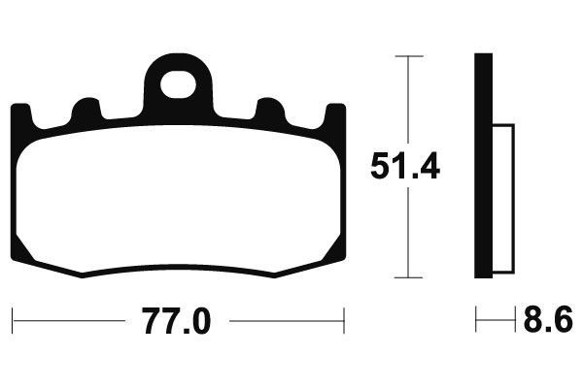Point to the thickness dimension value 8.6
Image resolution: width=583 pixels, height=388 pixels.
tap(548, 319)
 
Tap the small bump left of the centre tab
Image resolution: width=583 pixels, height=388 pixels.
tap(86, 109)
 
